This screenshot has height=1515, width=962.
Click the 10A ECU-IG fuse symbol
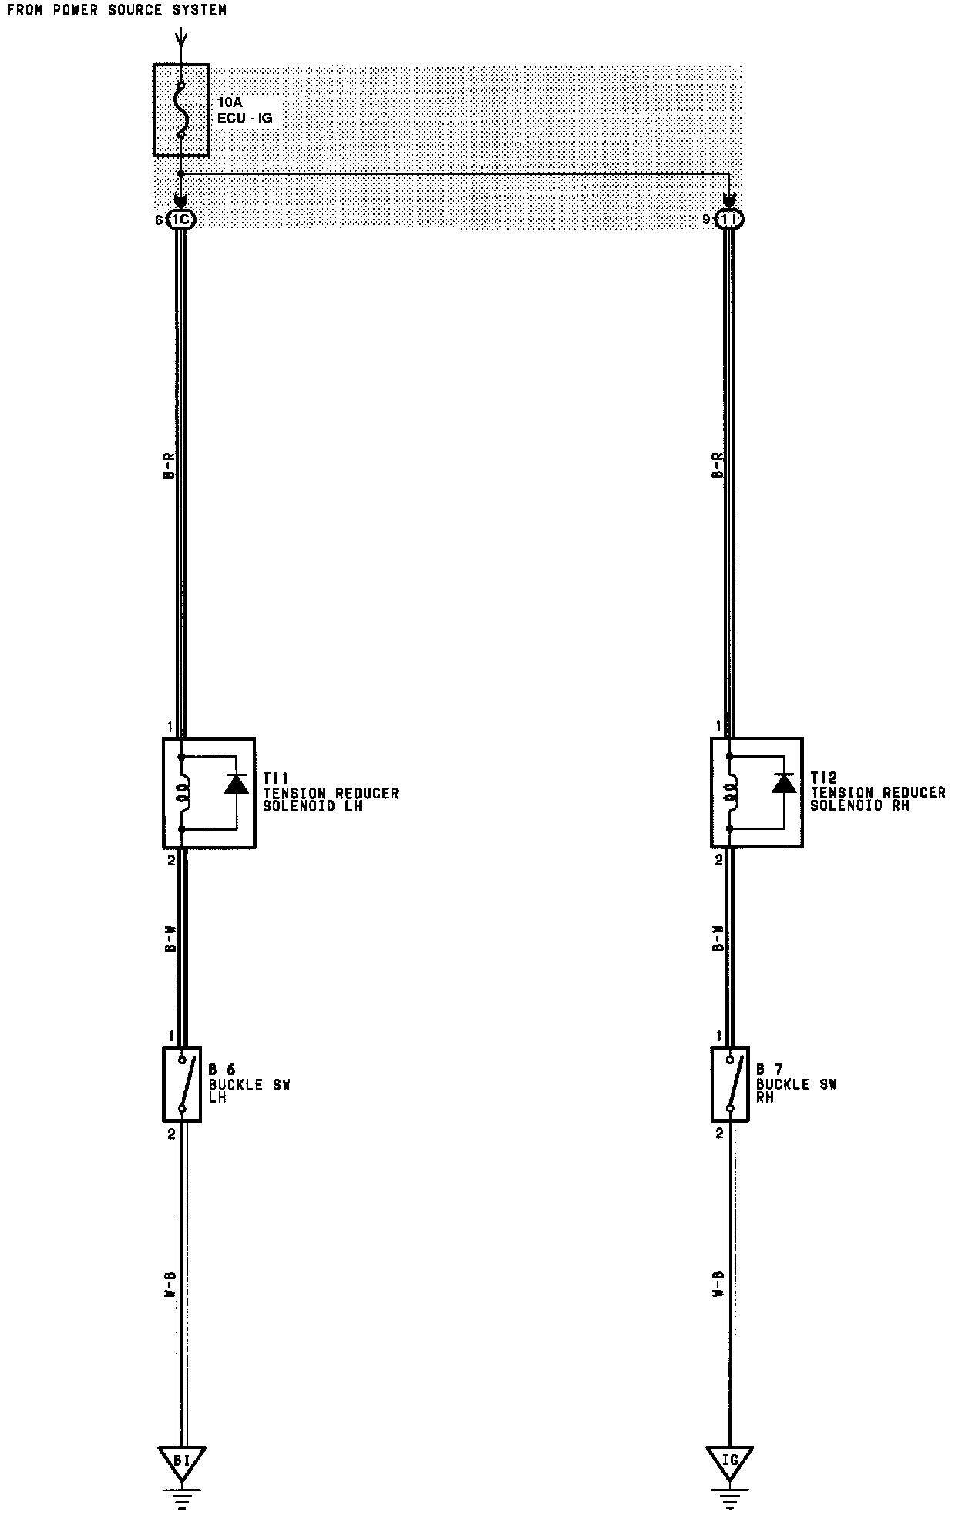tap(181, 110)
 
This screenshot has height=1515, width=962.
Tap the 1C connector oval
tap(181, 220)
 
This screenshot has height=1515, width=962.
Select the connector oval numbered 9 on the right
tap(729, 220)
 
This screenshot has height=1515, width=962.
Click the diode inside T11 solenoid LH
tap(236, 784)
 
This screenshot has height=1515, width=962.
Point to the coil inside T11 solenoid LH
tap(183, 793)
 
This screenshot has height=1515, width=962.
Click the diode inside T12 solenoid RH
tap(784, 784)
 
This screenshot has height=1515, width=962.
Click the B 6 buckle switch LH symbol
tap(182, 1084)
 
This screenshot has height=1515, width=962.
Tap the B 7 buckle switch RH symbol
tap(730, 1084)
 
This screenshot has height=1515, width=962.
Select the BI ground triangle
tap(181, 1460)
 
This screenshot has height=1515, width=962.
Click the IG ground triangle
tap(729, 1460)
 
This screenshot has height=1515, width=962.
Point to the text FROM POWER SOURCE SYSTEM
tap(116, 10)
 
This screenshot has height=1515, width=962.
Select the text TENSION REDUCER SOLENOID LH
tap(331, 800)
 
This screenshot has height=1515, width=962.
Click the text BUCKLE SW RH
tap(796, 1090)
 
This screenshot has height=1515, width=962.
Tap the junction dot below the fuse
tap(181, 173)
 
